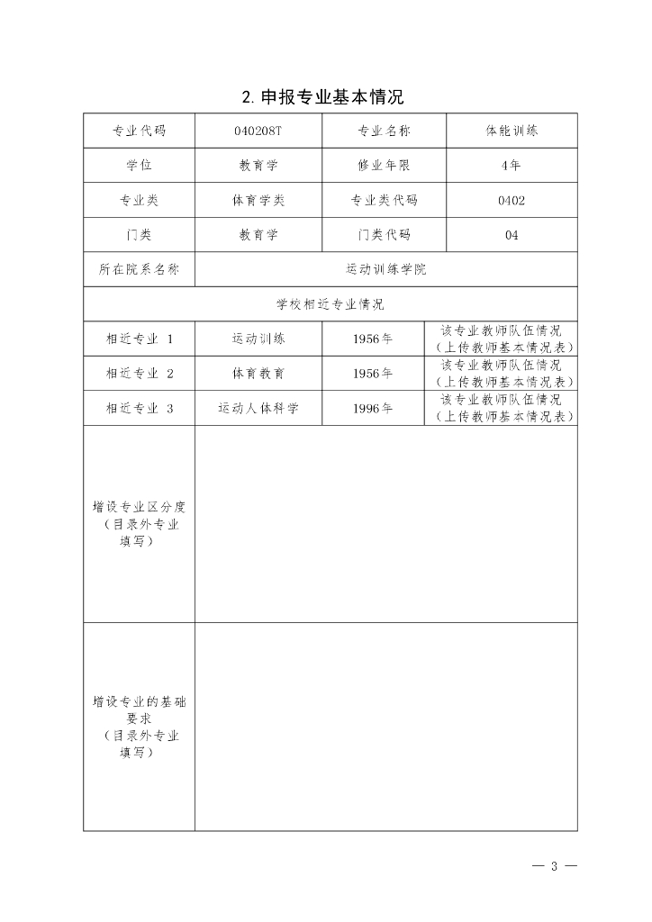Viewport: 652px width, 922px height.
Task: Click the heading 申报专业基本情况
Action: [x=329, y=95]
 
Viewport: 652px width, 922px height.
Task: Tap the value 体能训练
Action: [x=511, y=131]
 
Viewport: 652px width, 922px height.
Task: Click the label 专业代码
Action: [x=139, y=131]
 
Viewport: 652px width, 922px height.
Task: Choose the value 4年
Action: [x=511, y=166]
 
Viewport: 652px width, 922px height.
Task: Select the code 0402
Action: [x=511, y=201]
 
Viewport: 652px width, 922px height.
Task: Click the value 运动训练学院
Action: [x=385, y=269]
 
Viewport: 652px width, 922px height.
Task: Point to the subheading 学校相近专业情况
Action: [x=330, y=304]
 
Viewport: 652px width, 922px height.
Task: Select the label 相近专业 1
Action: [x=139, y=339]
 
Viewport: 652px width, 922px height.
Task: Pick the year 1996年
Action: [x=372, y=409]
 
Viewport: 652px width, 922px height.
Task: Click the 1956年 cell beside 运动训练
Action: [x=372, y=339]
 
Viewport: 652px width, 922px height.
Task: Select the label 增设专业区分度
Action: [x=139, y=507]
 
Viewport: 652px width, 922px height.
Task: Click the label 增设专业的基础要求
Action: [x=139, y=701]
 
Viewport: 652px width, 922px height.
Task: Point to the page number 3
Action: [x=555, y=867]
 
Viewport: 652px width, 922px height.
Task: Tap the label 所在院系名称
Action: [x=139, y=269]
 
